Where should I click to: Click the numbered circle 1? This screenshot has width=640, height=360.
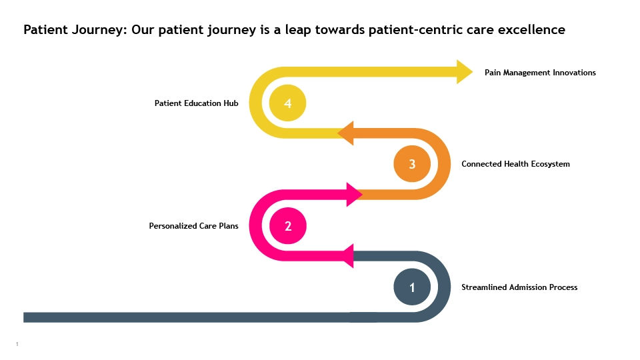(x=412, y=287)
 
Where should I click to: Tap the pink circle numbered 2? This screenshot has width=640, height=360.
(x=288, y=226)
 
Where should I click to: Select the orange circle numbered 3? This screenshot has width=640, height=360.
(x=412, y=164)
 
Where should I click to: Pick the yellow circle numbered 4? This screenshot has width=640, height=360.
(x=288, y=103)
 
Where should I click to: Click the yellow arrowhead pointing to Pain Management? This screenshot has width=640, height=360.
(x=465, y=72)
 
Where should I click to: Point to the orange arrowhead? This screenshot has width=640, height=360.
(x=346, y=133)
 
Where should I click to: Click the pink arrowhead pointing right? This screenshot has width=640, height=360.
(x=354, y=194)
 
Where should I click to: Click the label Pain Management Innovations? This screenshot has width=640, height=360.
(x=540, y=73)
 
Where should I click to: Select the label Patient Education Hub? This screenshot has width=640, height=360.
(x=196, y=103)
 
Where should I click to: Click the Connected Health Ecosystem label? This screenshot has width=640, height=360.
(x=515, y=164)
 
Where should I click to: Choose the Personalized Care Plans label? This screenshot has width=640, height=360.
(x=193, y=226)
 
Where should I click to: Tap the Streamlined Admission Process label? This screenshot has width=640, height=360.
(x=519, y=287)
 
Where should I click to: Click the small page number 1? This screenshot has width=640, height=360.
(x=17, y=344)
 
